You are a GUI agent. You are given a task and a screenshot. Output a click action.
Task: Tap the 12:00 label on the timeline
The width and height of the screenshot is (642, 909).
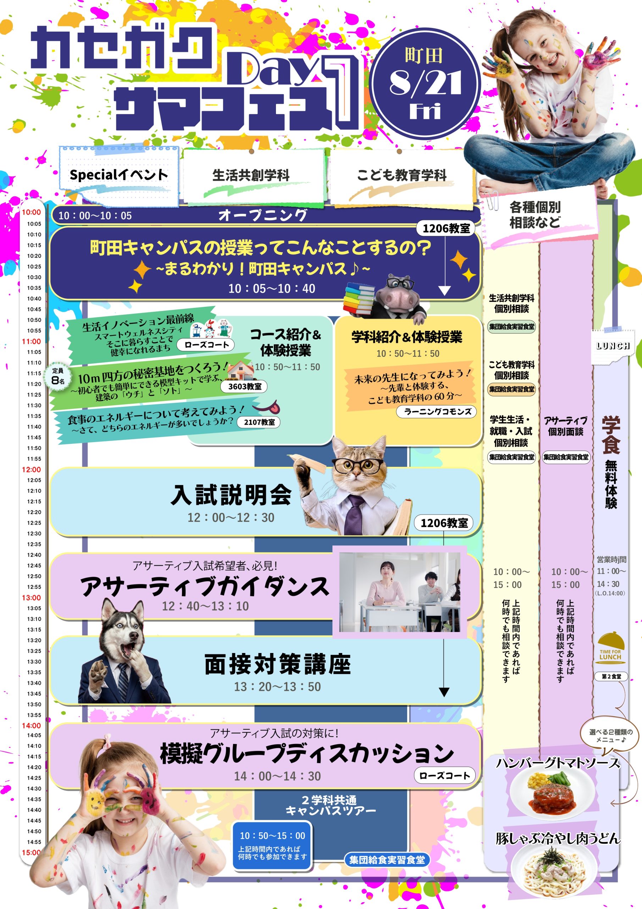31,469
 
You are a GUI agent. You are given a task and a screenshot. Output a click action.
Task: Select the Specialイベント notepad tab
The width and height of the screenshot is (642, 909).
119,175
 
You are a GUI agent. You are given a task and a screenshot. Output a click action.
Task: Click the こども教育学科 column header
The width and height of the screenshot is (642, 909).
402,175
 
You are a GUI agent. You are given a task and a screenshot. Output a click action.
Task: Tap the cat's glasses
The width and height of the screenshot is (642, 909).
358,464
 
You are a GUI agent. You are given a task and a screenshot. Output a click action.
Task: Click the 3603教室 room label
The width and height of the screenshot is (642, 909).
244,386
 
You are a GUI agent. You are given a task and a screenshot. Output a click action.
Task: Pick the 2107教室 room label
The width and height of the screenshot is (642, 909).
259,422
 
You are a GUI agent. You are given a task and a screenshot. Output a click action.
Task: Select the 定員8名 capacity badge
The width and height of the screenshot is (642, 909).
58,376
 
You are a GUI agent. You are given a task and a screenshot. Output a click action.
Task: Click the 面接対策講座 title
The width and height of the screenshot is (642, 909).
277,664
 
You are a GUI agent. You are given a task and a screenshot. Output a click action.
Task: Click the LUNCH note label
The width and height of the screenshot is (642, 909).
613,345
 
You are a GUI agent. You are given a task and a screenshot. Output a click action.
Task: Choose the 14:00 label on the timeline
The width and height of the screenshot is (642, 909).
31,726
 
